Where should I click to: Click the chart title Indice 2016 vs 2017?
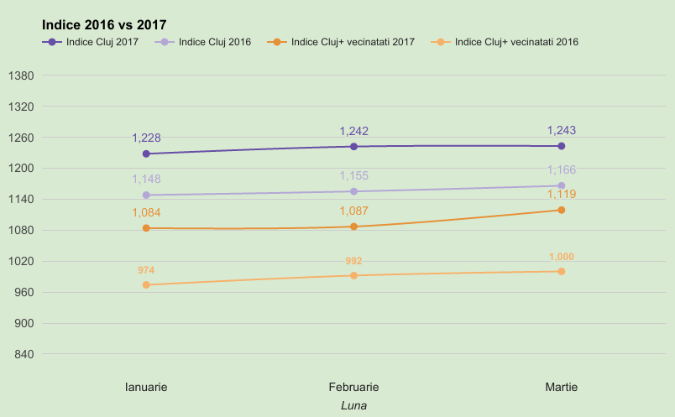98,25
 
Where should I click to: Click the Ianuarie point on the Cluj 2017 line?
146,154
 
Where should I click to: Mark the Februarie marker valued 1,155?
353,191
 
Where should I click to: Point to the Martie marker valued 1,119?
561,210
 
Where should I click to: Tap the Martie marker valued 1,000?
561,271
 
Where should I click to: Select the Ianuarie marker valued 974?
146,284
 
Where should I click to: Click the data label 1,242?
353,132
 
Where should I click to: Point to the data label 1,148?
146,180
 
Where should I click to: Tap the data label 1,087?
353,211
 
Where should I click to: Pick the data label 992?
353,262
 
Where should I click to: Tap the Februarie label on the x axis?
353,387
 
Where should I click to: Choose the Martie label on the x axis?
561,387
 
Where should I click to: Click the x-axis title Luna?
353,405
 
